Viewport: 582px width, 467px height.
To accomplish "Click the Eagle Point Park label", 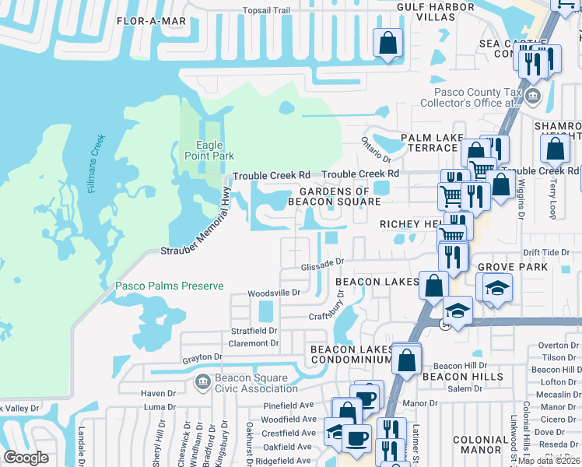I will (209, 150).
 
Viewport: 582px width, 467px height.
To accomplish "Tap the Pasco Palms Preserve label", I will (170, 286).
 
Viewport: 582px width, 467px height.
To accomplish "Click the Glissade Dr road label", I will (322, 265).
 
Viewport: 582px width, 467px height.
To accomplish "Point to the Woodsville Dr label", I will (273, 293).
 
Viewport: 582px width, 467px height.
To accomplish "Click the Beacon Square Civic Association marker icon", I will (202, 381).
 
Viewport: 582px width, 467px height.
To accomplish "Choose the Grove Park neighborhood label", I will (513, 267).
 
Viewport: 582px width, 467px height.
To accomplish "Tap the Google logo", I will (26, 458).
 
